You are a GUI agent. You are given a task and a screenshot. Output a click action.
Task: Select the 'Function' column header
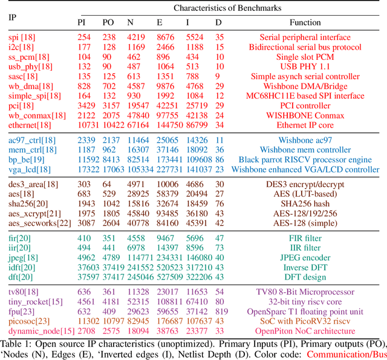(x=305, y=22)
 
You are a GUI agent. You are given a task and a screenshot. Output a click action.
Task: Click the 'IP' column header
(x=11, y=16)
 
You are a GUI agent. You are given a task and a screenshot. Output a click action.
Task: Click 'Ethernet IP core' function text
(x=305, y=125)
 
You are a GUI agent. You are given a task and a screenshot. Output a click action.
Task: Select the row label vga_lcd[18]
(x=30, y=170)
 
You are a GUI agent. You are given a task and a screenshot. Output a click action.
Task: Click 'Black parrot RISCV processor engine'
(x=305, y=160)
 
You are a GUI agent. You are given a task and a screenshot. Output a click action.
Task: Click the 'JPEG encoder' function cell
(x=305, y=257)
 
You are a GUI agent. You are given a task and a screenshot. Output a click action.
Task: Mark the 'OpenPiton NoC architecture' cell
(x=305, y=331)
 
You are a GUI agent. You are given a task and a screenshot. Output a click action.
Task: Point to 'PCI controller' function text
(x=305, y=105)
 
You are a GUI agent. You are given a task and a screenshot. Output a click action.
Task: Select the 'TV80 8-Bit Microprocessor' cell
(x=305, y=292)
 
